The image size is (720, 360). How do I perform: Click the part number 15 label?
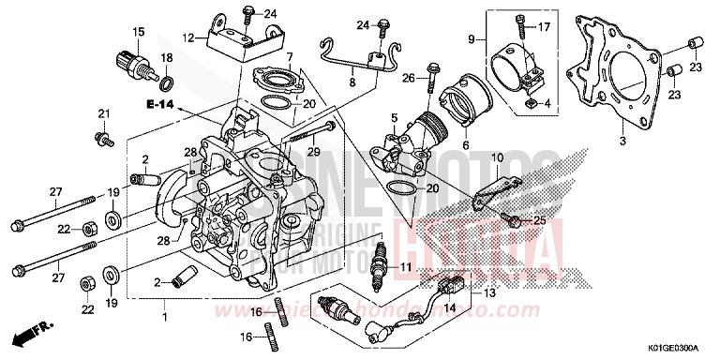[x=138, y=33]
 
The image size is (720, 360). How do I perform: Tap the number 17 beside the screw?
[x=543, y=27]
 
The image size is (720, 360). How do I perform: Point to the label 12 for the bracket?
[x=188, y=38]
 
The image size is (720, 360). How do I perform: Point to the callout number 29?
[x=315, y=152]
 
